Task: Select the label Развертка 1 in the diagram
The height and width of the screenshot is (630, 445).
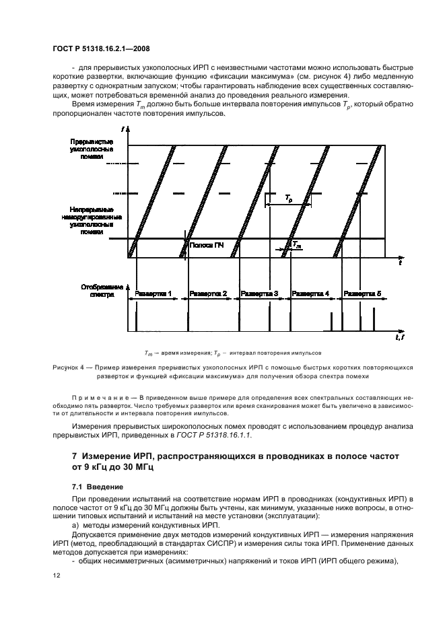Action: pyautogui.click(x=153, y=294)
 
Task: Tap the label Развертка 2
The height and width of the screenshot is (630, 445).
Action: pyautogui.click(x=208, y=294)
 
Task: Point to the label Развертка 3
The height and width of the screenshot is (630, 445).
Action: pyautogui.click(x=260, y=294)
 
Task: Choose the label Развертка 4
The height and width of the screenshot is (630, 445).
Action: pyautogui.click(x=310, y=294)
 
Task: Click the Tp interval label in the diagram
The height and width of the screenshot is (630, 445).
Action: pyautogui.click(x=288, y=199)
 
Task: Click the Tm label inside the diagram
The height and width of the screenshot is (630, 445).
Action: pyautogui.click(x=297, y=246)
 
